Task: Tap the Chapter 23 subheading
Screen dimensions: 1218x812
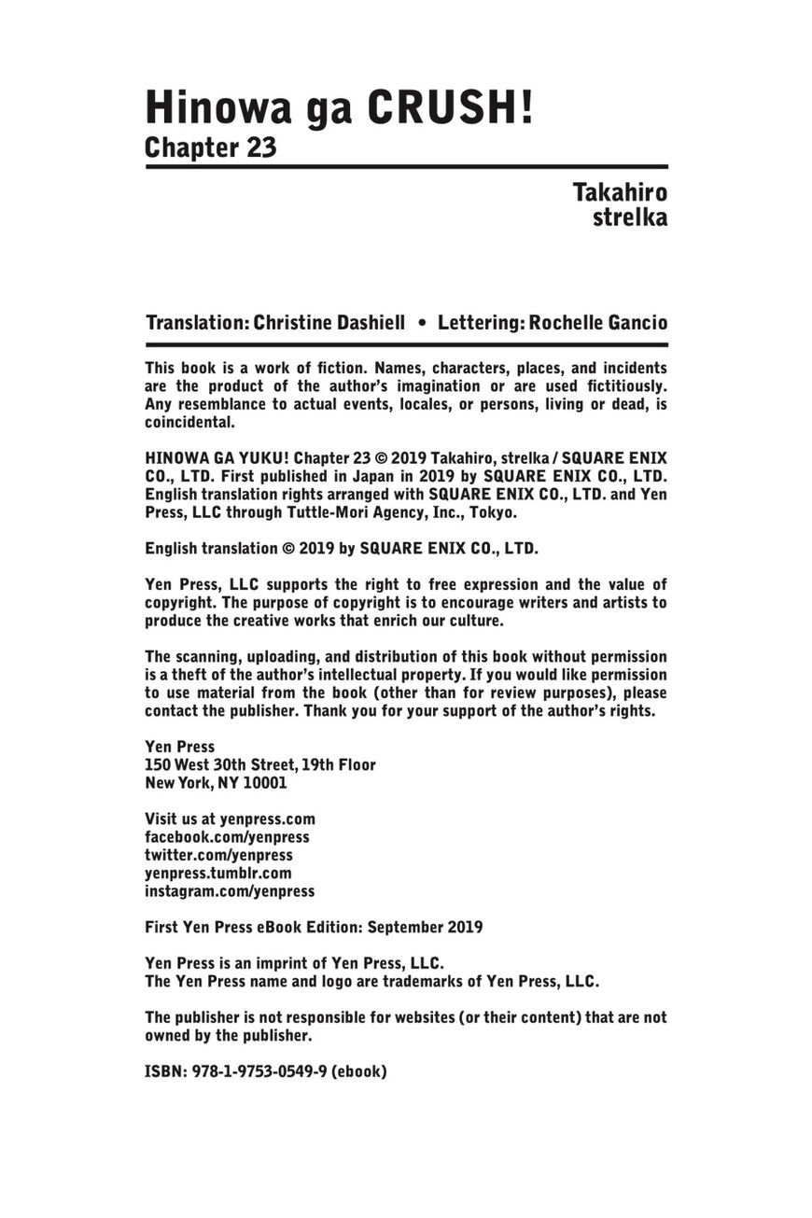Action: click(x=210, y=147)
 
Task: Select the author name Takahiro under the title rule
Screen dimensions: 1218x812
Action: click(x=620, y=193)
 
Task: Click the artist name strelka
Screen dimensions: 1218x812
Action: click(x=630, y=218)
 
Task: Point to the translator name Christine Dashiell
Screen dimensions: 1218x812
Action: click(x=329, y=323)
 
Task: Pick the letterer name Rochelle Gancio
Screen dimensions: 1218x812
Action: click(x=597, y=323)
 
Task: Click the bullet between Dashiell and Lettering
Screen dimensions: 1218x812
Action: click(x=422, y=323)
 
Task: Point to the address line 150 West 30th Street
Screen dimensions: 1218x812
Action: click(x=260, y=764)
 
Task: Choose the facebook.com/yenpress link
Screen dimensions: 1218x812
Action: click(x=227, y=837)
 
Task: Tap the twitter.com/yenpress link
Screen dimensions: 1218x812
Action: click(x=218, y=855)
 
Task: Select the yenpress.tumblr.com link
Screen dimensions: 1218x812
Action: click(x=217, y=873)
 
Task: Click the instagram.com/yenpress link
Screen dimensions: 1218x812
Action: click(x=230, y=891)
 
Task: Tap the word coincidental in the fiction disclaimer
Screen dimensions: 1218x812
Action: click(x=189, y=422)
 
